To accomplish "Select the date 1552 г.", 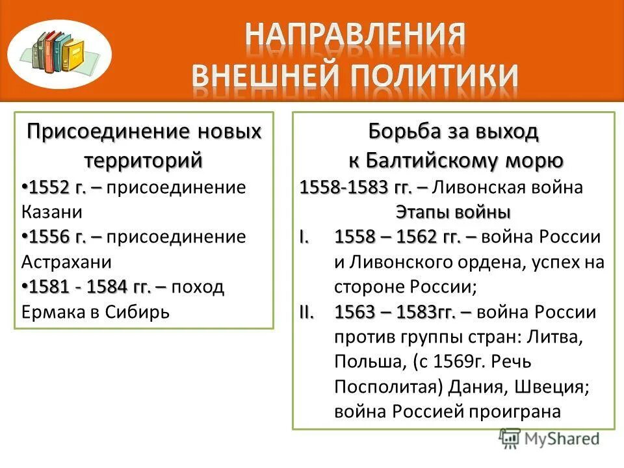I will (x=58, y=188).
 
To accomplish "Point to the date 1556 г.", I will (x=58, y=237).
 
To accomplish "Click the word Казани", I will (x=52, y=212).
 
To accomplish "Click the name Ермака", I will (x=55, y=311).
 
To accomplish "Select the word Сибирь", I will (x=137, y=311).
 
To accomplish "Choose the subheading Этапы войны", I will (x=452, y=212).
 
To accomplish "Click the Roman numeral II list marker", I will (x=307, y=312).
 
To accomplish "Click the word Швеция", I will (x=551, y=386).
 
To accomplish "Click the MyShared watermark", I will (x=550, y=439).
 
